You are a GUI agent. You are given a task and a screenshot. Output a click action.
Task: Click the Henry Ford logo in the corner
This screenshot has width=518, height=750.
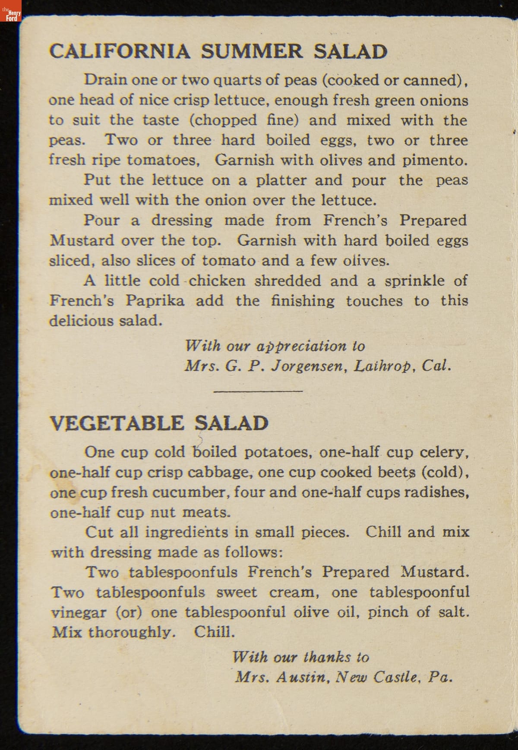pos(11,11)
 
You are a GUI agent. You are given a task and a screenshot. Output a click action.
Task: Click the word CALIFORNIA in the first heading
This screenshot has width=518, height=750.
pos(119,51)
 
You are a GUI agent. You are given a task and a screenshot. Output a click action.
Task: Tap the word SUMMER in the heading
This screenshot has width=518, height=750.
pos(252,51)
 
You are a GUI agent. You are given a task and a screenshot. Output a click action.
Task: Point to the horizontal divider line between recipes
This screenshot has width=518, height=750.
pos(258,391)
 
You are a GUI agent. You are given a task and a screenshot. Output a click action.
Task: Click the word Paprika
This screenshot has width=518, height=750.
pos(155,301)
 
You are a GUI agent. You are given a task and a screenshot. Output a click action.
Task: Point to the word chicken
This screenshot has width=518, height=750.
pos(218,281)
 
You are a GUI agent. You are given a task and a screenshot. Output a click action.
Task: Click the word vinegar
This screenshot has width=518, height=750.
pos(79,612)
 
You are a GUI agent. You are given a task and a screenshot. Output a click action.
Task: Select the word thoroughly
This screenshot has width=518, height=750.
pos(132,633)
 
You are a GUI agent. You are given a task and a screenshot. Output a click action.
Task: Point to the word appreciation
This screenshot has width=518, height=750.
pos(301,347)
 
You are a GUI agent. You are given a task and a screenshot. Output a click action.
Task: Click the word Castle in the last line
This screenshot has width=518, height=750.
pos(396,677)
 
